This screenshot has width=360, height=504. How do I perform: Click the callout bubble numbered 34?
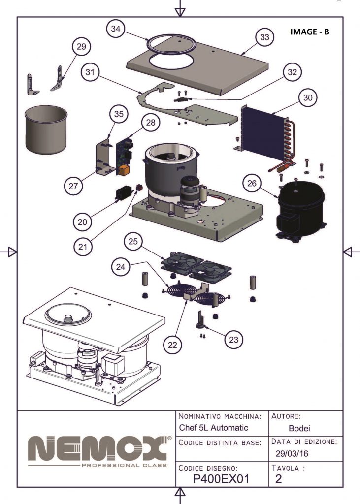pos(115,30)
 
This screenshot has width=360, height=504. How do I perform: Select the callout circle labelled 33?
pos(264,37)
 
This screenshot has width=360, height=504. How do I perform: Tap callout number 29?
pos(81,47)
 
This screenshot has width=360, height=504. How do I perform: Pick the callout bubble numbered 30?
pos(307,97)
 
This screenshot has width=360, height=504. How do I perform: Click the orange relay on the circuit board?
pos(123,170)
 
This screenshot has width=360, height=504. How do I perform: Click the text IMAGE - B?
pos(310,32)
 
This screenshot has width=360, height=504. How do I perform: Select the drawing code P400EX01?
pos(222,479)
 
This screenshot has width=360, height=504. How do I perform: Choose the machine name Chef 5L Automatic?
pos(213,428)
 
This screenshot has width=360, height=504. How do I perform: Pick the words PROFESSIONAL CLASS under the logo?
pos(124,465)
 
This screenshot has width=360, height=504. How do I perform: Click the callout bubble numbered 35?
pos(118,114)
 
